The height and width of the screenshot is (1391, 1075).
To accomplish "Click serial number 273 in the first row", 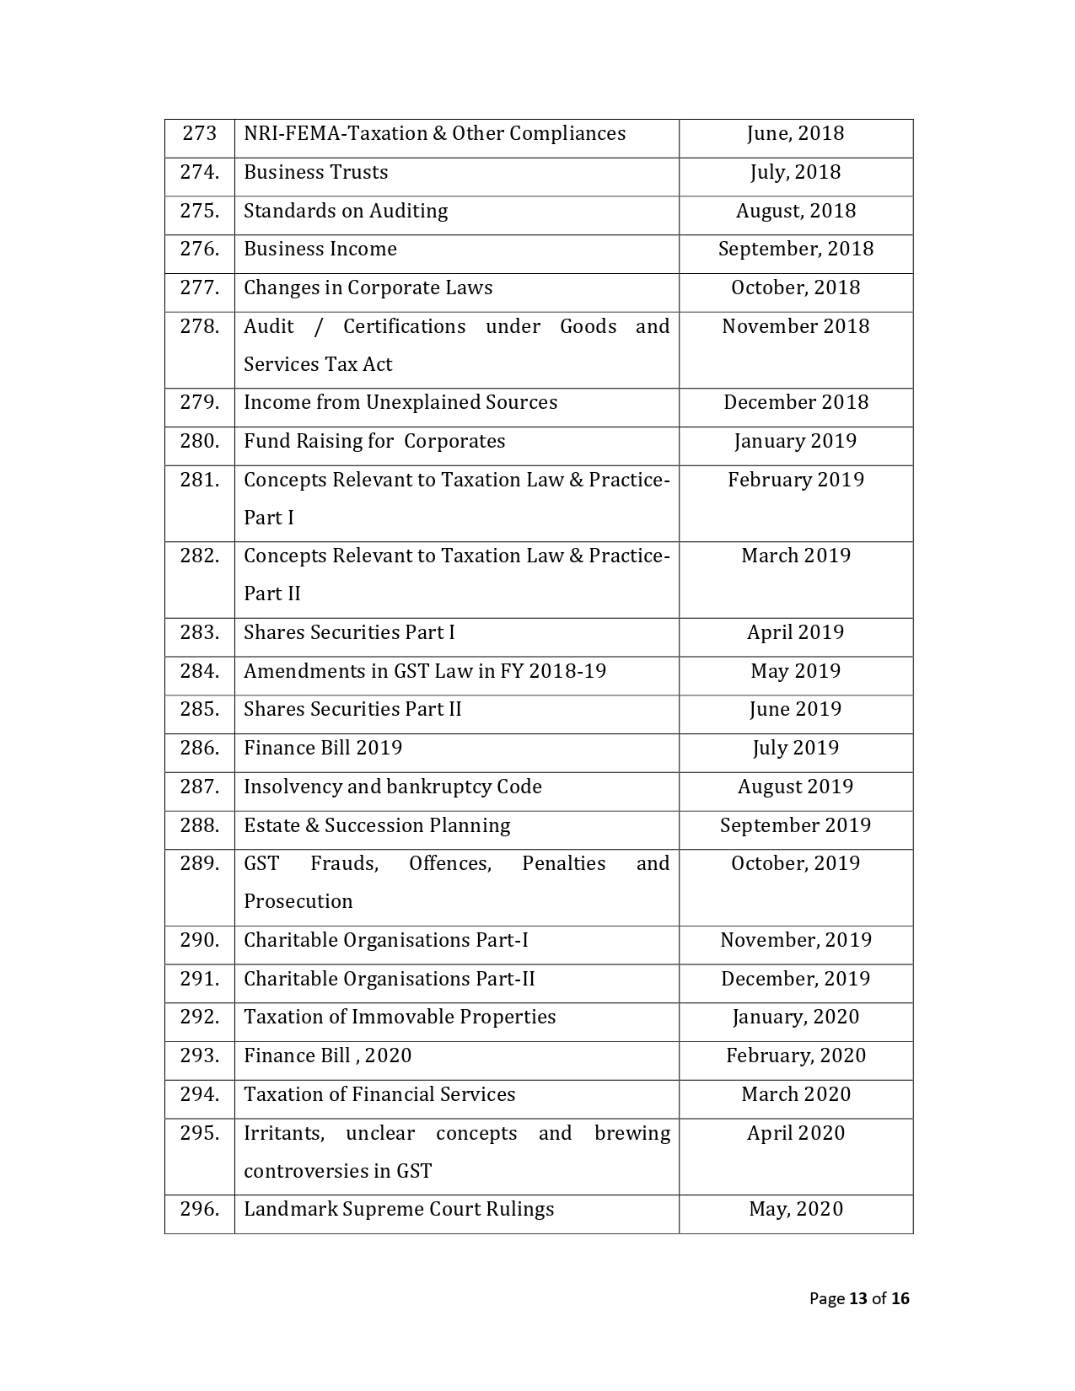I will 199,133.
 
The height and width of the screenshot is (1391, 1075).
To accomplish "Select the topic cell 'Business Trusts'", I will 316,172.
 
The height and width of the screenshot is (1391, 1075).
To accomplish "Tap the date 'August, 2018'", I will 795,211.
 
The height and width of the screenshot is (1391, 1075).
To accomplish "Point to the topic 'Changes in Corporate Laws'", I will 368,287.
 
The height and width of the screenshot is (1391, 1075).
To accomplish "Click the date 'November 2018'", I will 795,326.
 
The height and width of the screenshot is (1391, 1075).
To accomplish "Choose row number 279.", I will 199,402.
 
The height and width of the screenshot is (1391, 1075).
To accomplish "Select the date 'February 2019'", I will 795,480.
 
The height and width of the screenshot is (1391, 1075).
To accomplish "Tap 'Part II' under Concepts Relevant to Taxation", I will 271,593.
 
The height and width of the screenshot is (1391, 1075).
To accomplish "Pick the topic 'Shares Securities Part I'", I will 349,632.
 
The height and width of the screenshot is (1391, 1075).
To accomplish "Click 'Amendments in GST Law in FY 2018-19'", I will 425,671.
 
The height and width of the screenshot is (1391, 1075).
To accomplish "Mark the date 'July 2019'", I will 795,748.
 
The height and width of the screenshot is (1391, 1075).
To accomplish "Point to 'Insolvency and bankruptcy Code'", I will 392,787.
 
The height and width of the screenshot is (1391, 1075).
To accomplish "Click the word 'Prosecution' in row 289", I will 298,901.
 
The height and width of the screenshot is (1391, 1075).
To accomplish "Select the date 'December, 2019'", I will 795,979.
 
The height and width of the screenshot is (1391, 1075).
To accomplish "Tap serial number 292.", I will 199,1017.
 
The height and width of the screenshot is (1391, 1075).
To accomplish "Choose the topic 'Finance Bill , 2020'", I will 327,1055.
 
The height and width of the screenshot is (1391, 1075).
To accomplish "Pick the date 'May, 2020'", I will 795,1209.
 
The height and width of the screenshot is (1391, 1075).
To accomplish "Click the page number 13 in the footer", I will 858,1298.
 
